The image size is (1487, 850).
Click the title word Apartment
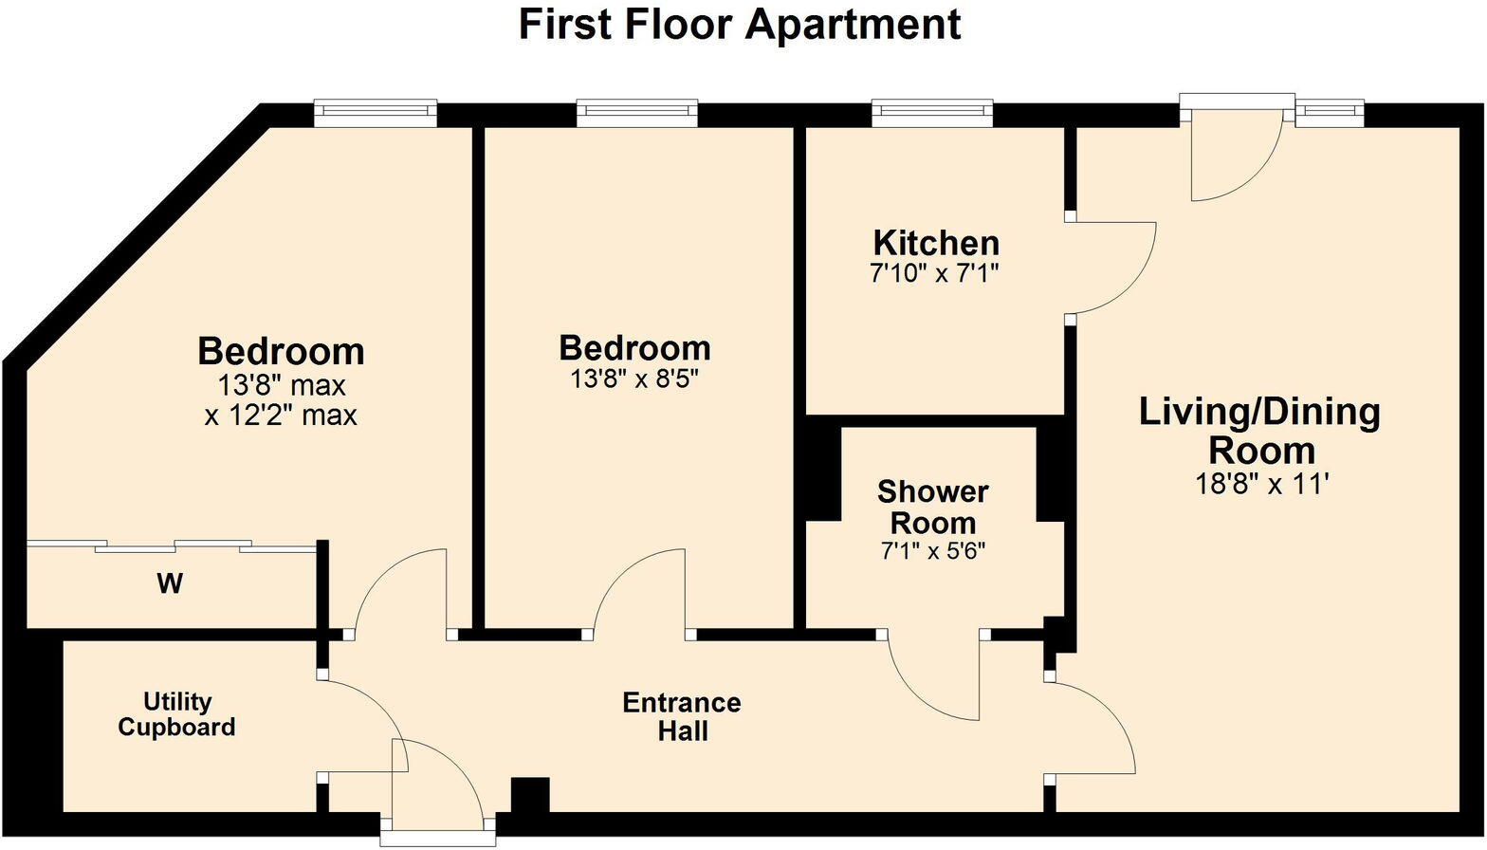click(852, 25)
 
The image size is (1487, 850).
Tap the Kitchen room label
click(935, 244)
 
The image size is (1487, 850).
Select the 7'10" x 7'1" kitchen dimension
click(935, 274)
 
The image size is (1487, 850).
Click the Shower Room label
click(933, 508)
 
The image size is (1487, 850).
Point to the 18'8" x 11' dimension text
click(1261, 484)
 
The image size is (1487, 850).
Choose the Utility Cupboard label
click(176, 714)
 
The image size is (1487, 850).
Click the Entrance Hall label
click(682, 717)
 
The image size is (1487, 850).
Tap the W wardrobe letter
click(170, 583)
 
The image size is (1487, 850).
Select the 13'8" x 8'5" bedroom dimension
click(634, 379)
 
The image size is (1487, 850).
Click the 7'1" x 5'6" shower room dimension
click(933, 551)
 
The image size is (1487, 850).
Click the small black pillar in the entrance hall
click(530, 795)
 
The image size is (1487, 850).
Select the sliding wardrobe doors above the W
click(171, 545)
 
